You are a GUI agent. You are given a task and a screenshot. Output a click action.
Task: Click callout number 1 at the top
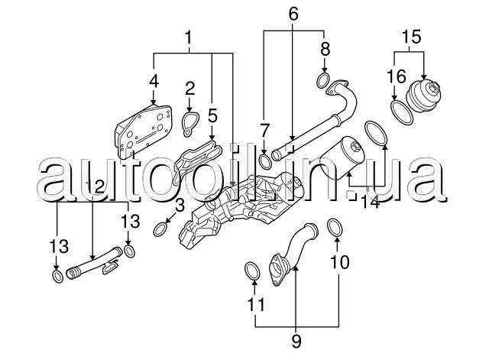(x=189, y=36)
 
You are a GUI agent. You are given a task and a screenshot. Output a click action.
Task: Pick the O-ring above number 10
(x=335, y=225)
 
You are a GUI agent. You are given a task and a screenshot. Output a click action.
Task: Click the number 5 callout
(x=212, y=116)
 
